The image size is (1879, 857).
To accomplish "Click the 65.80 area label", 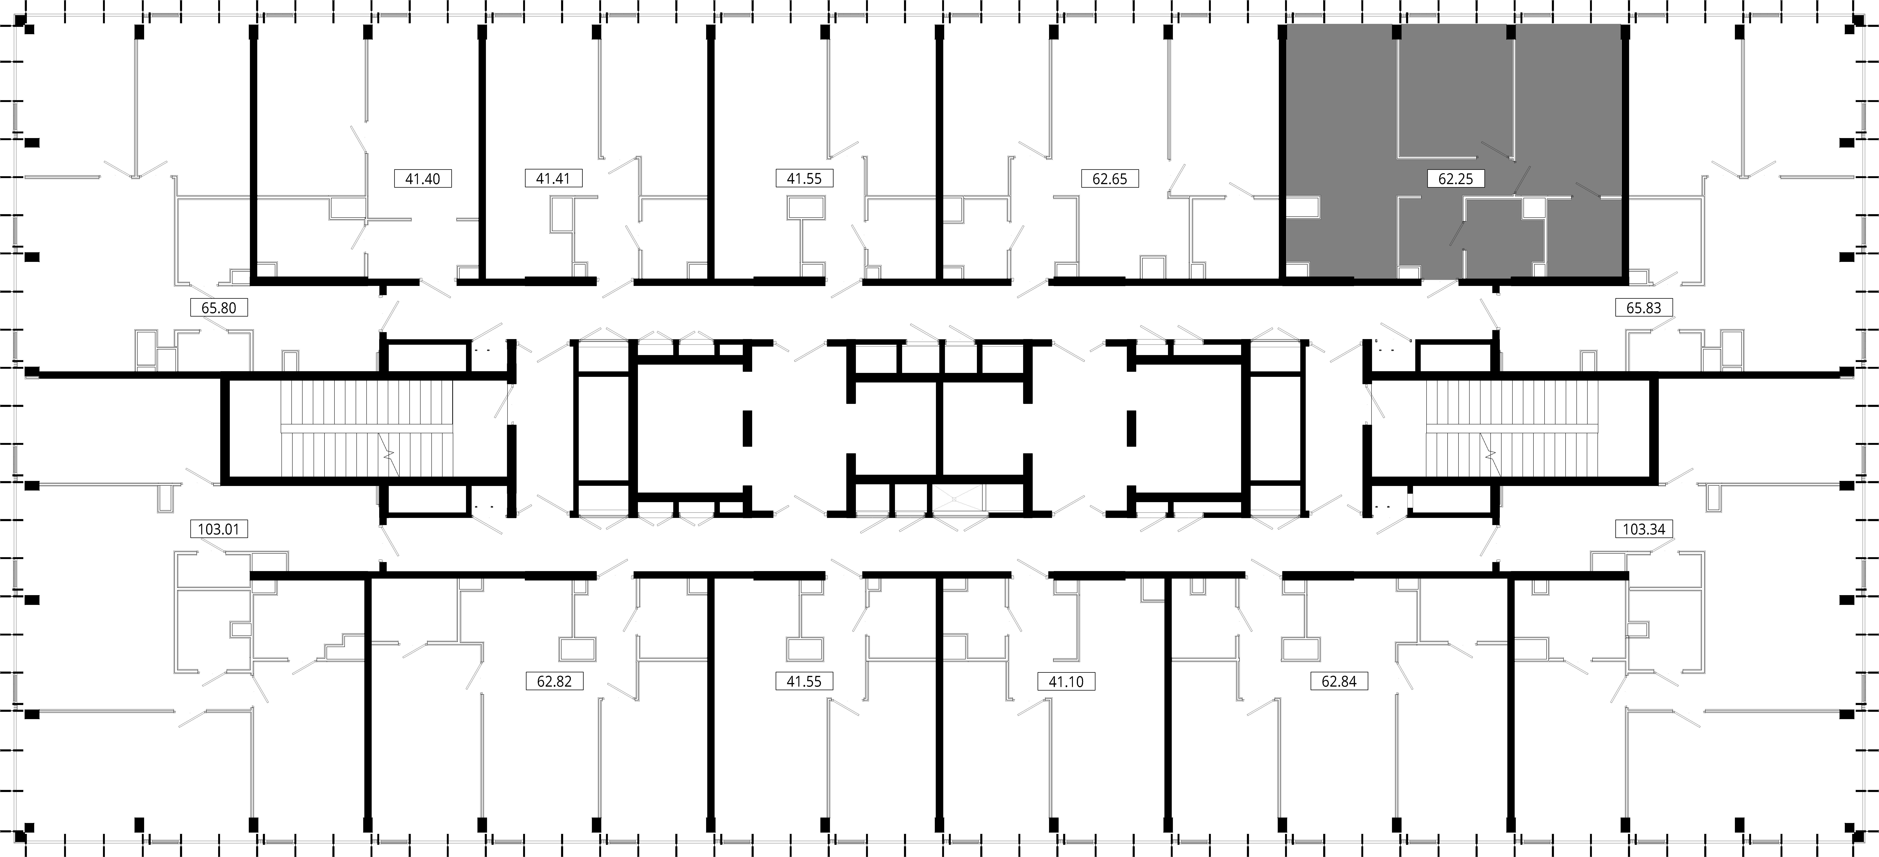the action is [x=219, y=308].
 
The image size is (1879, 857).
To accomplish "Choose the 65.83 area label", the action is [x=1643, y=308].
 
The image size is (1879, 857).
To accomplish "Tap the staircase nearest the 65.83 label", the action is [x=1511, y=429].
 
